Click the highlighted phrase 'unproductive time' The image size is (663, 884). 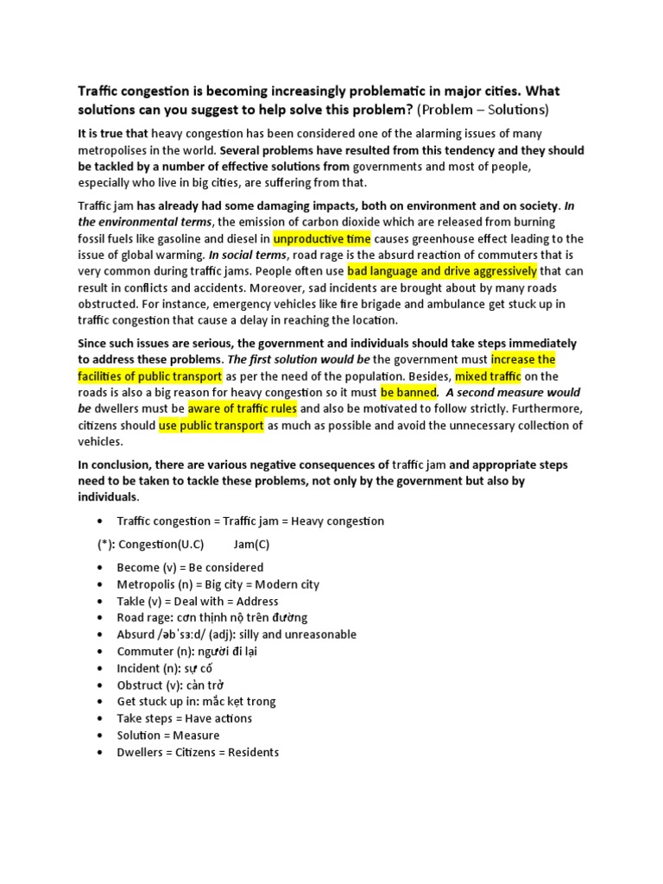[x=323, y=238]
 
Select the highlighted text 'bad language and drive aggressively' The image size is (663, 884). [x=442, y=271]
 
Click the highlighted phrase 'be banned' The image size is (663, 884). [x=408, y=392]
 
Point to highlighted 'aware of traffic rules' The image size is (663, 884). [x=243, y=408]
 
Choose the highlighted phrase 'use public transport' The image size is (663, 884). [x=211, y=425]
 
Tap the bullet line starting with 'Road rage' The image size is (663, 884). [x=212, y=617]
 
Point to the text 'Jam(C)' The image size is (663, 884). [x=251, y=545]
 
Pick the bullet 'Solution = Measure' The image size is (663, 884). [x=168, y=736]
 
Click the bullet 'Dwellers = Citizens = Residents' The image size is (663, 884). [x=198, y=752]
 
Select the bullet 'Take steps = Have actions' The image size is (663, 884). [x=185, y=718]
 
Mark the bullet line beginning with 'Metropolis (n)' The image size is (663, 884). [x=218, y=584]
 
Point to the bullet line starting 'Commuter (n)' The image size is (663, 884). [x=186, y=652]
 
